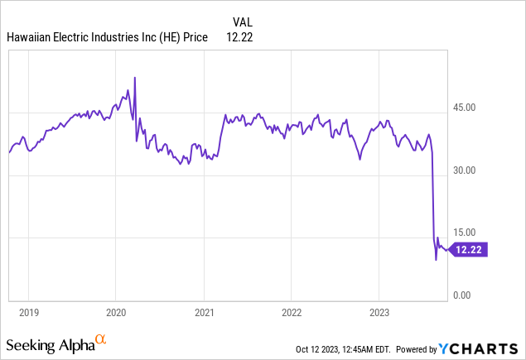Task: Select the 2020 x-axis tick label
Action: point(115,314)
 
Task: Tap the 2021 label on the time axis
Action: point(204,314)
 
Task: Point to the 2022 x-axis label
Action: point(291,314)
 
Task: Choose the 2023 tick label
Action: point(379,314)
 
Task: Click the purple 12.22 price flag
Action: point(470,249)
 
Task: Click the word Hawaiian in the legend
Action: point(30,37)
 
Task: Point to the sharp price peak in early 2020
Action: point(134,78)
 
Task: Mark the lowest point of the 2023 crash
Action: point(436,260)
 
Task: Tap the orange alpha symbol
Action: point(101,339)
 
